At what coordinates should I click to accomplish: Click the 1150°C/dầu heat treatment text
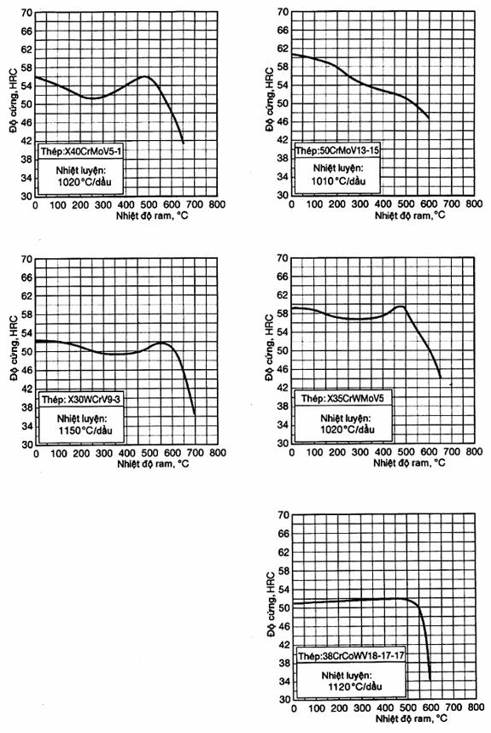[x=85, y=431]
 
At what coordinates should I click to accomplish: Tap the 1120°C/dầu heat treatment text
[x=354, y=687]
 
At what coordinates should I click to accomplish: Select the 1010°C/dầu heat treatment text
[x=339, y=181]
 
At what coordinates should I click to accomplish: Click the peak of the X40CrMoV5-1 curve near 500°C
[x=145, y=76]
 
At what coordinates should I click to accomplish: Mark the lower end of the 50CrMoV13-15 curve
[x=429, y=118]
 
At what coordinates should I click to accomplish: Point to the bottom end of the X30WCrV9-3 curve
[x=195, y=414]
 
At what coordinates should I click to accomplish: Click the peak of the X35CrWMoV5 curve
[x=400, y=306]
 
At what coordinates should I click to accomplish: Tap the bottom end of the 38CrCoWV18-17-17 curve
[x=430, y=680]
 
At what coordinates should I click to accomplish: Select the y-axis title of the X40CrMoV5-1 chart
[x=13, y=101]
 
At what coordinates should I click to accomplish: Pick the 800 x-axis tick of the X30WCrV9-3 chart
[x=217, y=453]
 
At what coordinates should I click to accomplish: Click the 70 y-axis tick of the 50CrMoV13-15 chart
[x=283, y=12]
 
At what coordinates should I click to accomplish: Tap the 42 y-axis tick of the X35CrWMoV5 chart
[x=283, y=388]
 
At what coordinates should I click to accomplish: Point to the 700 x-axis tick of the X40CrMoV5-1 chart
[x=195, y=205]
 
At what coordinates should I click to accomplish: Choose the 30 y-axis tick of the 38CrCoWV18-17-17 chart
[x=284, y=700]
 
